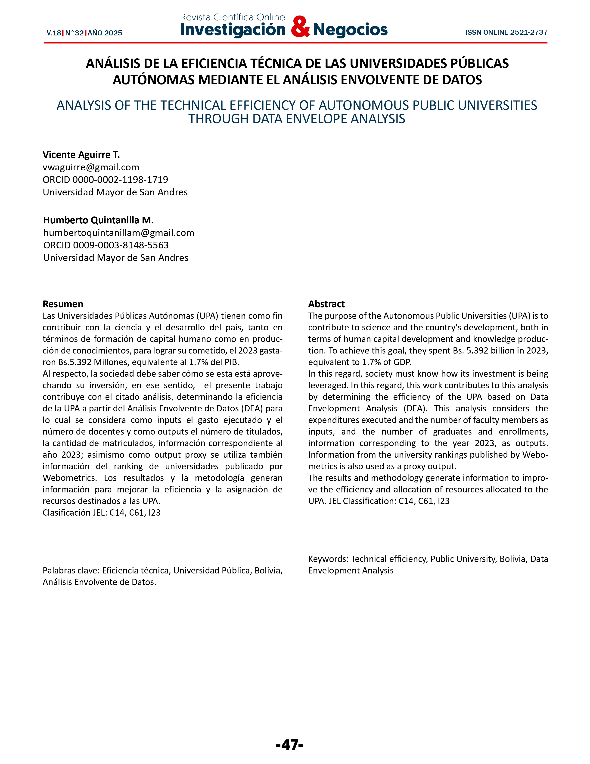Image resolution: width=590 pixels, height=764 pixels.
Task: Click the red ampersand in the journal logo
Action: point(300,27)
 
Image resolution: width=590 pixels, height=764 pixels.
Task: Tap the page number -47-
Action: point(289,745)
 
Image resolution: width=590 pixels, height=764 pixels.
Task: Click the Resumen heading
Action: point(63,304)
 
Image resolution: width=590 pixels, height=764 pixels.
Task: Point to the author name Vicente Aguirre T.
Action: point(81,155)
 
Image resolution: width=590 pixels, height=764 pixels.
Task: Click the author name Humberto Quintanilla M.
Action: point(98,220)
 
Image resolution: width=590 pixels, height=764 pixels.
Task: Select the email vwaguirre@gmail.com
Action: point(91,167)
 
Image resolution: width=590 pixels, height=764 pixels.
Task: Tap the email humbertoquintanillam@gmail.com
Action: point(118,233)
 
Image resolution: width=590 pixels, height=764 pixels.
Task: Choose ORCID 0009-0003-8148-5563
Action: point(106,245)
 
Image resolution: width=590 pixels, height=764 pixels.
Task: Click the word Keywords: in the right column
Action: point(328,559)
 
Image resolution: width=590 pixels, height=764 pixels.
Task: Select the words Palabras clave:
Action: point(71,570)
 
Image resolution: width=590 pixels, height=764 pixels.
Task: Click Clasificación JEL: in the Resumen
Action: point(75,513)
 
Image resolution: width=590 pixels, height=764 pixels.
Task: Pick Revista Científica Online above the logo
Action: point(233,17)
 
